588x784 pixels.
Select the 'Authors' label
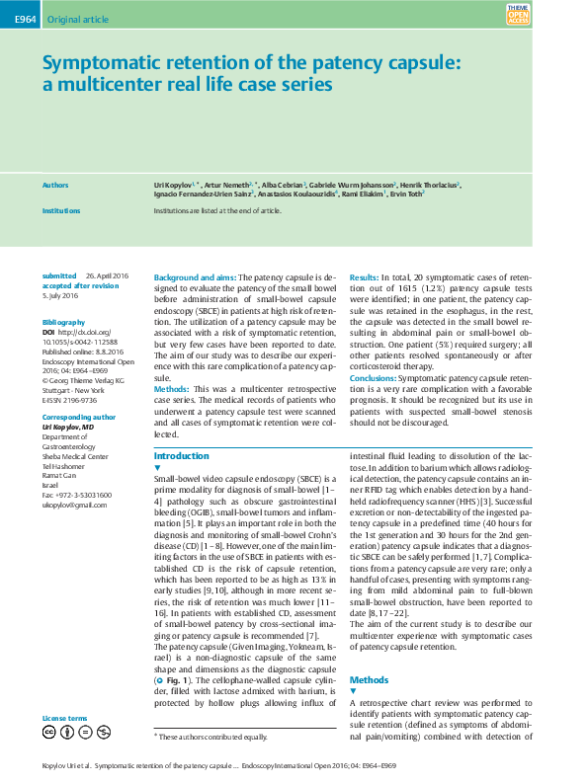coord(55,185)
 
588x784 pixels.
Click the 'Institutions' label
coord(61,211)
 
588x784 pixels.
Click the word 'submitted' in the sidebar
coord(59,275)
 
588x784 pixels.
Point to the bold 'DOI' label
coord(48,333)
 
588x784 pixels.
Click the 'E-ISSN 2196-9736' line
coord(70,401)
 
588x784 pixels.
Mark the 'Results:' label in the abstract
coord(365,279)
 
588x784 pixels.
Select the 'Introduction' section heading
coord(181,455)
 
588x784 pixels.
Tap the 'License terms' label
coord(64,718)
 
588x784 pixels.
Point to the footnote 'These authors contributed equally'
coord(212,737)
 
